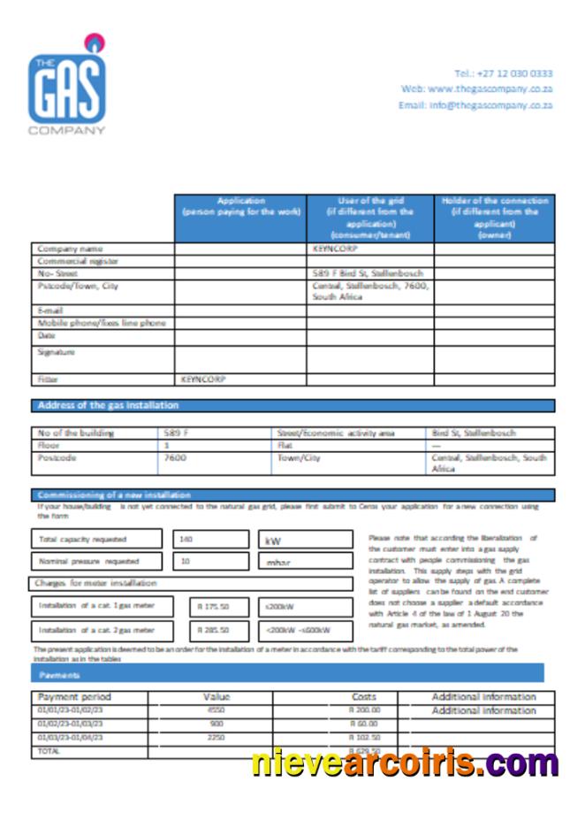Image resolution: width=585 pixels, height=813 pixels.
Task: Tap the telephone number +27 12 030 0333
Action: tap(503, 73)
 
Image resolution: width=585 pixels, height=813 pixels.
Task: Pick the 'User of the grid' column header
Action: tap(369, 218)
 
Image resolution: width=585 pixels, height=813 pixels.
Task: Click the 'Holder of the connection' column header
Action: tap(494, 218)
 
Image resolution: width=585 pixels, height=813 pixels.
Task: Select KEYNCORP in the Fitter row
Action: tap(203, 379)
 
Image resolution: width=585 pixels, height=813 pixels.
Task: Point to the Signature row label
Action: tap(56, 352)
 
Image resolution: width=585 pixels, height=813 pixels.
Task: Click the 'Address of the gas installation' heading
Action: tap(107, 405)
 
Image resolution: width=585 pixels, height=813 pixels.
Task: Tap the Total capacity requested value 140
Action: tap(186, 539)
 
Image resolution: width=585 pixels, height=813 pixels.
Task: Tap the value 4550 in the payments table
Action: tap(216, 710)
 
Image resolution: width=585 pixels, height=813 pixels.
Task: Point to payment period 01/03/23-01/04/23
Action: tap(71, 737)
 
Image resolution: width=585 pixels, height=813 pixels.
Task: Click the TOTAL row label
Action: tap(49, 750)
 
